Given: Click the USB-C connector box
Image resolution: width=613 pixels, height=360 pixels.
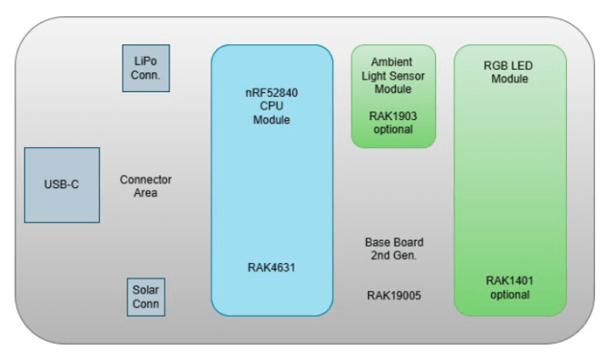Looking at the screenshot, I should (x=61, y=185).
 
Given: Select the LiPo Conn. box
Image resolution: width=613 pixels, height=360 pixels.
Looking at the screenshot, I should (x=146, y=68).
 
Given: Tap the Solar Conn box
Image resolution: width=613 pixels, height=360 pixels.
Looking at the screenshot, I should (x=146, y=297).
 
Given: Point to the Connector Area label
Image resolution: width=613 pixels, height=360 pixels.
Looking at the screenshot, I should (x=146, y=186).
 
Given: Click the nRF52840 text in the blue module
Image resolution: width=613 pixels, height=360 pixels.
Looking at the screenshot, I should (x=272, y=92).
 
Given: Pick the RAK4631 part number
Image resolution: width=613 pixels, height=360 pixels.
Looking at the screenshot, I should (x=272, y=267).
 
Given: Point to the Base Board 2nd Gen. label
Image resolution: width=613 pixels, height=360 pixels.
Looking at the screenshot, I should (x=393, y=249).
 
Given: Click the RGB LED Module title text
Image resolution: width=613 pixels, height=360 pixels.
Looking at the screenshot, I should (x=509, y=71).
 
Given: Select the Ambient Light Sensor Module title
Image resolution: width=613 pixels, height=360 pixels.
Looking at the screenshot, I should (x=392, y=76).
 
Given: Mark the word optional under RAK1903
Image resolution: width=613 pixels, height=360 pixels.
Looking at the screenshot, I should (x=392, y=129).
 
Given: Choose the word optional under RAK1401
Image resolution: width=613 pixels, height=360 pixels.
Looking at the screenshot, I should (x=509, y=294).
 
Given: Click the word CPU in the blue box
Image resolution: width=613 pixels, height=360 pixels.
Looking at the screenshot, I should (x=272, y=106).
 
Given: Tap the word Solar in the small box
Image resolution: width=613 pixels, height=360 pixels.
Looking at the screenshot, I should (x=146, y=290).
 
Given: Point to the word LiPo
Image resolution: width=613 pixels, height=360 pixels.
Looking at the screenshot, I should (x=146, y=61).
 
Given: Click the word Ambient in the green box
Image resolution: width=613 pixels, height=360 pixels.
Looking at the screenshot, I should (x=392, y=62).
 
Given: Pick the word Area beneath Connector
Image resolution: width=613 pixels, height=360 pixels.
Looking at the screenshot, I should (x=146, y=192).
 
